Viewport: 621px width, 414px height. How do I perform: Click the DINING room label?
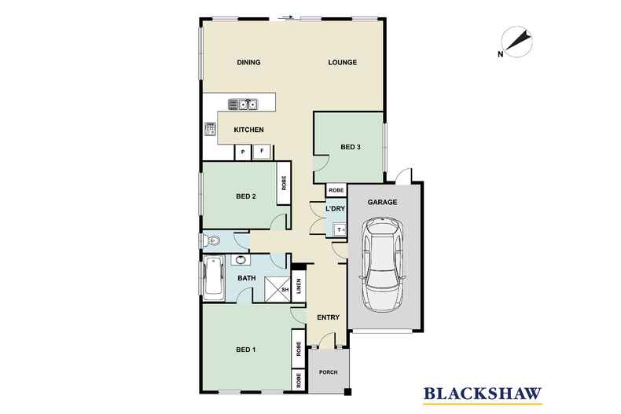point(248,62)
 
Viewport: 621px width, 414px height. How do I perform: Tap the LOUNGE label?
point(343,62)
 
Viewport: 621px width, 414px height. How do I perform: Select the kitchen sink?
point(243,104)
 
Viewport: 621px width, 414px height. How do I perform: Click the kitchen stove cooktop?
point(211,129)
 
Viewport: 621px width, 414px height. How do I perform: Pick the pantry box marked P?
point(243,152)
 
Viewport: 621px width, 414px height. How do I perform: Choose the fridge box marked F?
point(262,152)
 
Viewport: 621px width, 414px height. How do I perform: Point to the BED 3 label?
point(351,147)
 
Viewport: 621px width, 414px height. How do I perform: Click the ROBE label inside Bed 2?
point(284,183)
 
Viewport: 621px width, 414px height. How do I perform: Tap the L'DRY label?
point(335,209)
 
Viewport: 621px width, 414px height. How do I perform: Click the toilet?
point(211,240)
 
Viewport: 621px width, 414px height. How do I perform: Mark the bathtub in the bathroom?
point(213,278)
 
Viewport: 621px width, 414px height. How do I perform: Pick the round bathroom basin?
point(240,260)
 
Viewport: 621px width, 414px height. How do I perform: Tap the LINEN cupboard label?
point(299,286)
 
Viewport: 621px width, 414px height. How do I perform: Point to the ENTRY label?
point(329,317)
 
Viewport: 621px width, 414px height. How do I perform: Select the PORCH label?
point(329,372)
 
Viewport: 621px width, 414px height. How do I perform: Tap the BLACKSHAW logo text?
point(483,394)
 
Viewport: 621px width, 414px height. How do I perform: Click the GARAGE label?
point(382,202)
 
